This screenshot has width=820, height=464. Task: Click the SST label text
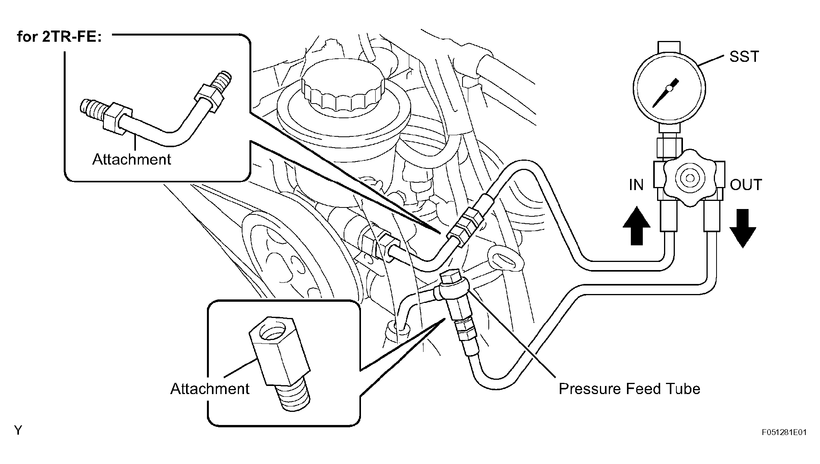pyautogui.click(x=744, y=57)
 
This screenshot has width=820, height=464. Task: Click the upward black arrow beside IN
pyautogui.click(x=637, y=226)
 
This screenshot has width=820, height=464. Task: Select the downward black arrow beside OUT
pyautogui.click(x=742, y=228)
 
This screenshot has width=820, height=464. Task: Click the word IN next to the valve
pyautogui.click(x=636, y=185)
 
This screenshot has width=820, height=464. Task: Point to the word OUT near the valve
pyautogui.click(x=746, y=185)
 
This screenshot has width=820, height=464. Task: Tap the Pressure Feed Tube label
pyautogui.click(x=629, y=389)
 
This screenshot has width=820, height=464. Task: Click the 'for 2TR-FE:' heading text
pyautogui.click(x=59, y=37)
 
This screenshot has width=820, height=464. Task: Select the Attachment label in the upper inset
pyautogui.click(x=132, y=159)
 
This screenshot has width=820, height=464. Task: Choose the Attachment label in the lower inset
pyautogui.click(x=210, y=389)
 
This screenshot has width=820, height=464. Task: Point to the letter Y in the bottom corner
pyautogui.click(x=18, y=430)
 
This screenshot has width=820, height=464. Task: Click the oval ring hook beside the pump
pyautogui.click(x=505, y=258)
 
